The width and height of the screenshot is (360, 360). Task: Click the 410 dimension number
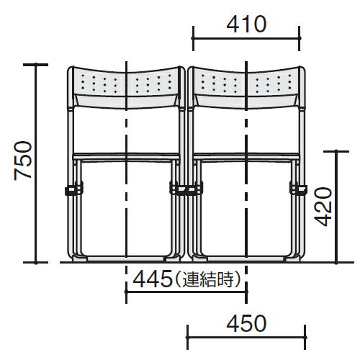[x=246, y=24]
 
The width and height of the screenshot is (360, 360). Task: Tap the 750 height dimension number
[x=23, y=161]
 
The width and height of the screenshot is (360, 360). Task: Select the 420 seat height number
[x=323, y=207]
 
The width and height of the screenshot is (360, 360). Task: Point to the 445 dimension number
[x=153, y=279]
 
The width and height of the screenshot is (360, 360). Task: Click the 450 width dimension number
[x=246, y=323]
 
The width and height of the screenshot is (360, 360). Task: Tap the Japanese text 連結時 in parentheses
[x=208, y=279]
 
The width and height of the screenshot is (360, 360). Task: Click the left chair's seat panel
[x=126, y=156]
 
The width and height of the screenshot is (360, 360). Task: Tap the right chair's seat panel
[x=246, y=156]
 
